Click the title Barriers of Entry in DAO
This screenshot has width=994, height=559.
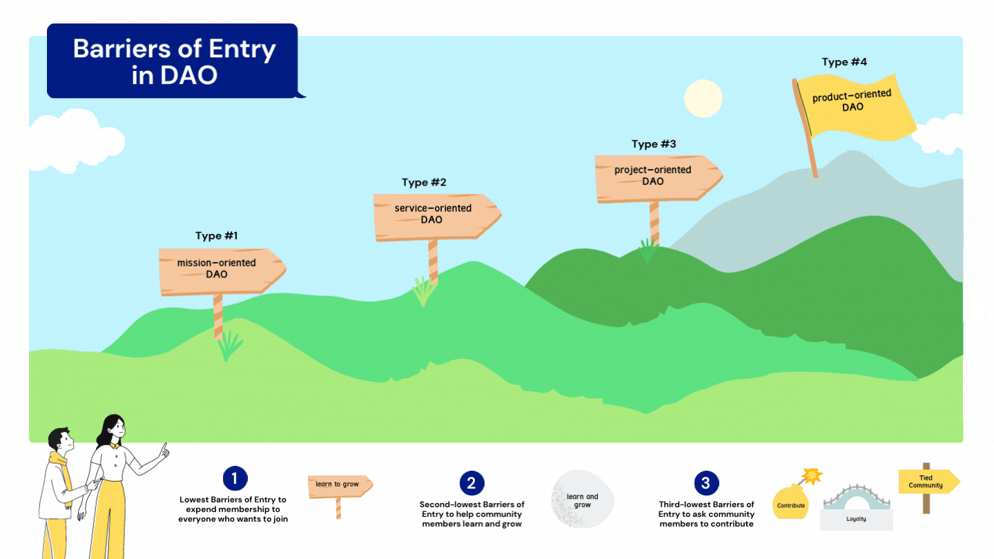click(174, 61)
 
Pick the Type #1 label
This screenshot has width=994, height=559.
click(216, 236)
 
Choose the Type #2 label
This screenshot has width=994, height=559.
click(424, 183)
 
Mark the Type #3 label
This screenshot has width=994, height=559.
click(653, 144)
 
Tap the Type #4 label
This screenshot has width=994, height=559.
click(844, 62)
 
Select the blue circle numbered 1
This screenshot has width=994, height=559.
click(235, 478)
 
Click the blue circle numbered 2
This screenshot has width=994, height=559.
click(471, 483)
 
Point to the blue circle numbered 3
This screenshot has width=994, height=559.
click(705, 483)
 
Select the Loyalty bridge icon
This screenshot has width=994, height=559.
click(856, 507)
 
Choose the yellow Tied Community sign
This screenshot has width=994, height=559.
click(927, 482)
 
